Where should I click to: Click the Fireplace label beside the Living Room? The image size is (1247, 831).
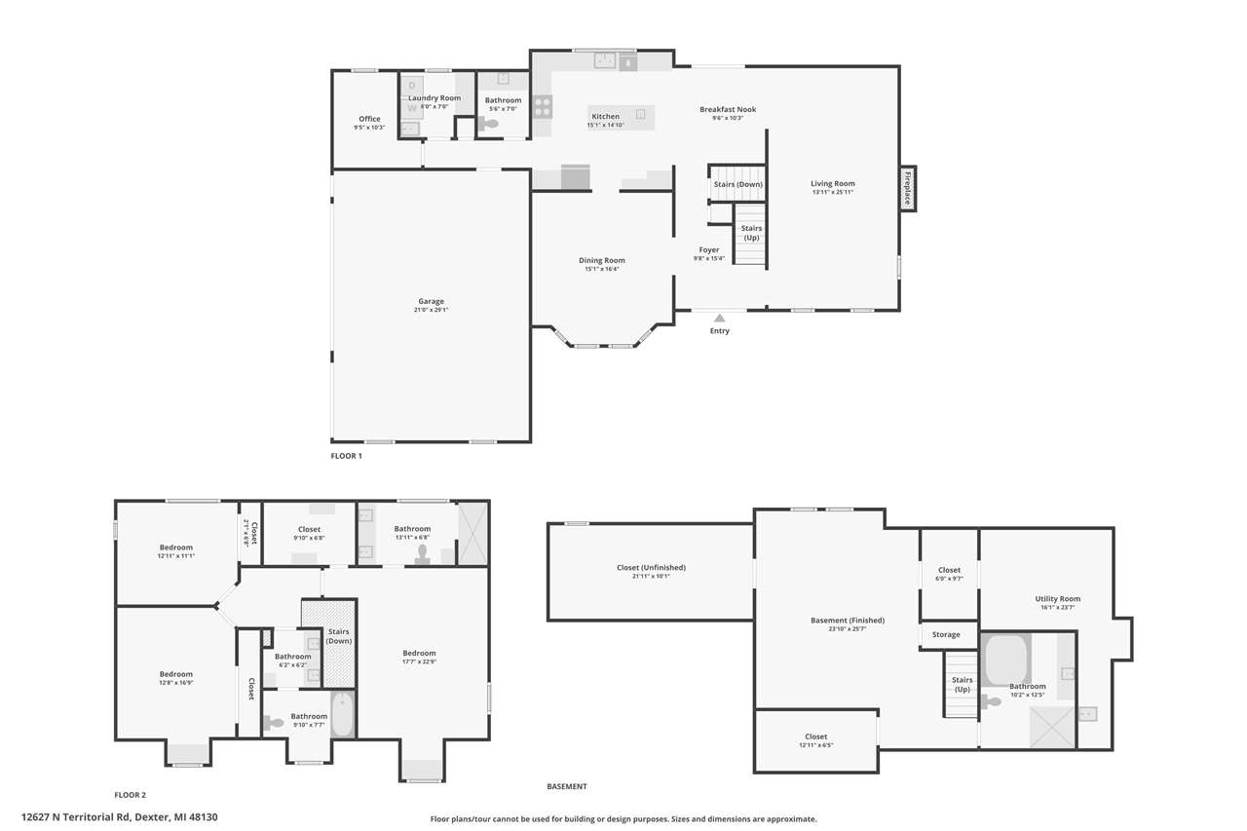click(908, 188)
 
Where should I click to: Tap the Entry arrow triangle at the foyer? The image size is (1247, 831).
click(719, 318)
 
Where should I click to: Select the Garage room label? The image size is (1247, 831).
click(431, 301)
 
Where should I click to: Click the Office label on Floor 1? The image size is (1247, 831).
click(369, 119)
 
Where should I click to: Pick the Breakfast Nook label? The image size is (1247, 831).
click(728, 109)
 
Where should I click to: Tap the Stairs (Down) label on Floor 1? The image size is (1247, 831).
click(737, 184)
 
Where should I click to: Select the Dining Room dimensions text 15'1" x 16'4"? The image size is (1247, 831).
click(601, 269)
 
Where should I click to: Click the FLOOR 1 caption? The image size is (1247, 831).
click(346, 456)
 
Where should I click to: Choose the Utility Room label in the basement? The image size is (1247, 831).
click(1057, 599)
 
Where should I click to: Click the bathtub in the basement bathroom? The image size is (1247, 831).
click(1007, 660)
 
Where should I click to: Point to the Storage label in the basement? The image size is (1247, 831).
click(945, 634)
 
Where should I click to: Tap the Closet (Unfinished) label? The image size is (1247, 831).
click(651, 568)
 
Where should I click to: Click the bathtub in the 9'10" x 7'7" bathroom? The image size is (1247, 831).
click(343, 714)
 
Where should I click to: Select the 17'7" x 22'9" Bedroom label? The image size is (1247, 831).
click(419, 653)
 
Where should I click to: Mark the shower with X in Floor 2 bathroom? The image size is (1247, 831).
click(472, 532)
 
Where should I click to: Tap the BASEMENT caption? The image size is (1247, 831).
click(566, 786)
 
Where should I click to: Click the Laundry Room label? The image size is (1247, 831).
click(434, 98)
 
